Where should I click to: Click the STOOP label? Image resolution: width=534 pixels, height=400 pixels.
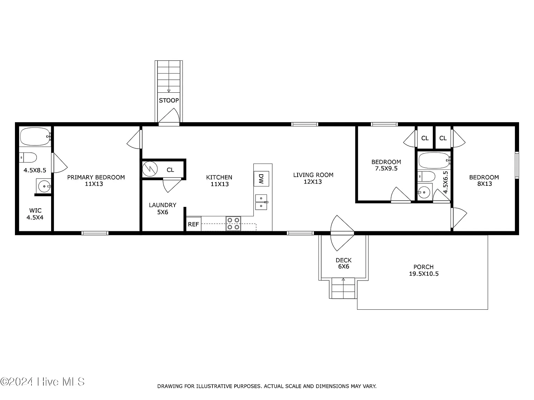point(169,100)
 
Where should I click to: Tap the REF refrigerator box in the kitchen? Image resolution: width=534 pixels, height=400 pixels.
point(194,224)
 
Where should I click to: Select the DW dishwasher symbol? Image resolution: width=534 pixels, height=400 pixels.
point(261,179)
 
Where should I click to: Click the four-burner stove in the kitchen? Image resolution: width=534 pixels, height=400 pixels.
point(233,224)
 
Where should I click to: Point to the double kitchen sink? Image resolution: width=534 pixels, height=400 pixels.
point(261,202)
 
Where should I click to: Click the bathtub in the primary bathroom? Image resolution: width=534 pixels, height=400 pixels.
point(35,136)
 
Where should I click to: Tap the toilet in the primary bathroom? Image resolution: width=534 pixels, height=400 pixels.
point(28,158)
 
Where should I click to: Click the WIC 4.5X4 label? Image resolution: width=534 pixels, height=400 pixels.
point(35,214)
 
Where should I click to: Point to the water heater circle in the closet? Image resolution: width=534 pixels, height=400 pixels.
point(150,169)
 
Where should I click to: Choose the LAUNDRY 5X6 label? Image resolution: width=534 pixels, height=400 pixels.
point(162,209)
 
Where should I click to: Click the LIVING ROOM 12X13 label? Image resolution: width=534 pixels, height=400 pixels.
point(313,178)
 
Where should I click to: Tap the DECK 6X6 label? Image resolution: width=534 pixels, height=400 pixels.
point(343,263)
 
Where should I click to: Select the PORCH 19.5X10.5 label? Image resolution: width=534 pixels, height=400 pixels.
point(423,270)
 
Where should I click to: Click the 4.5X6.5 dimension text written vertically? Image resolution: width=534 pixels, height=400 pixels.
point(445,182)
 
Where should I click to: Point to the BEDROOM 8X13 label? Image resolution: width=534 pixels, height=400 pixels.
point(484,181)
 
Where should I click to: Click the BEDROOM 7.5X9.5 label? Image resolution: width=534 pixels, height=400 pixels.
point(386,165)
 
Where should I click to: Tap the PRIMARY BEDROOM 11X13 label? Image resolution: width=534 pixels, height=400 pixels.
point(96,181)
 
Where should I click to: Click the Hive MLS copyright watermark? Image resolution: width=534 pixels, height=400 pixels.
point(42,382)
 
